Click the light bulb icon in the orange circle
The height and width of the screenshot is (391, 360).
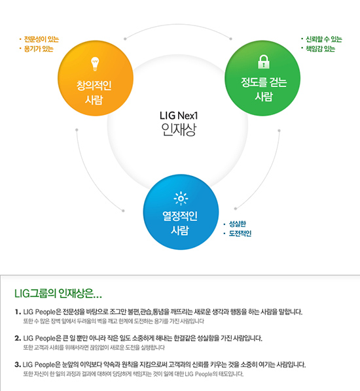click(95, 64)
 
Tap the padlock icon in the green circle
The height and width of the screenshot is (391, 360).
click(264, 62)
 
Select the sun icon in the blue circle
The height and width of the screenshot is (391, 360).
click(181, 199)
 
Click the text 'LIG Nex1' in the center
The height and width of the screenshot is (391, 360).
click(179, 116)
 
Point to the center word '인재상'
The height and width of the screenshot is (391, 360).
click(179, 129)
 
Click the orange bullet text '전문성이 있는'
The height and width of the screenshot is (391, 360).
click(41, 39)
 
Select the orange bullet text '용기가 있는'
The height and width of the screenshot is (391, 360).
click(39, 48)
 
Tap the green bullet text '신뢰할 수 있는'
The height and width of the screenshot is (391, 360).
click(324, 39)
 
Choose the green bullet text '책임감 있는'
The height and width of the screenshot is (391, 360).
click(321, 48)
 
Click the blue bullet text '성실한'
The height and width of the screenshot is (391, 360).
click(238, 224)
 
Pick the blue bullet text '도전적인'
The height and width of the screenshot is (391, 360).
click(240, 233)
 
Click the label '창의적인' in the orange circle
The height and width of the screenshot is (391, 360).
click(94, 86)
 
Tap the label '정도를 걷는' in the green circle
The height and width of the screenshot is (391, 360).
click(264, 82)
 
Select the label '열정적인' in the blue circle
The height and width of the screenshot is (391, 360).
click(180, 216)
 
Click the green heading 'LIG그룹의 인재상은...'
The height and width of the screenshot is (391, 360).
click(58, 294)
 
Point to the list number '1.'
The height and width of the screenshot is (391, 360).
click(18, 312)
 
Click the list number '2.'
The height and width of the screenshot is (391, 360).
click(18, 339)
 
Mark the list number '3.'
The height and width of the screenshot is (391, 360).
click(18, 365)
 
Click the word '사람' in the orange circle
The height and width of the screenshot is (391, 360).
click(94, 100)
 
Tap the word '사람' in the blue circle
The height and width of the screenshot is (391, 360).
click(180, 230)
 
